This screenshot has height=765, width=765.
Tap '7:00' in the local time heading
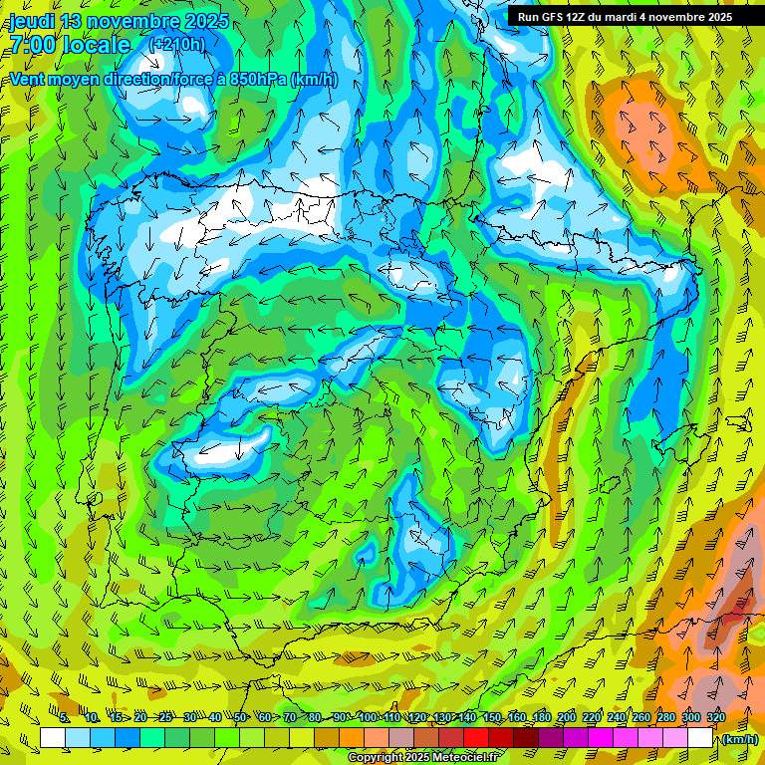click(x=33, y=45)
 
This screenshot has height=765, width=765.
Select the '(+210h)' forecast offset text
click(x=177, y=44)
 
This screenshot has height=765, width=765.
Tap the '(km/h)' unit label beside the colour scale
click(x=738, y=739)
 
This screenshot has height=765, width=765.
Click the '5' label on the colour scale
click(x=64, y=718)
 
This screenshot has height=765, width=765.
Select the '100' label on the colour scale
click(x=367, y=718)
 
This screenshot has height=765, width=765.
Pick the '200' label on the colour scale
click(x=567, y=718)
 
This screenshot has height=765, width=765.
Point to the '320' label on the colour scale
click(x=716, y=718)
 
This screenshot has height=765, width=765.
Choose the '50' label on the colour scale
click(x=240, y=718)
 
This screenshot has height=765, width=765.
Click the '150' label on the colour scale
click(x=492, y=718)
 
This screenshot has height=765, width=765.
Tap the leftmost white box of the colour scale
click(x=53, y=738)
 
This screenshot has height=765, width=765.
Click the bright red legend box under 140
click(x=476, y=738)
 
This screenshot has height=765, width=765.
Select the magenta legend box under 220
click(x=601, y=738)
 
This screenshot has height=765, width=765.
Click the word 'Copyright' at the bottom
click(x=377, y=758)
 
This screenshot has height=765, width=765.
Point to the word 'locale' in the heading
click(x=97, y=45)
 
